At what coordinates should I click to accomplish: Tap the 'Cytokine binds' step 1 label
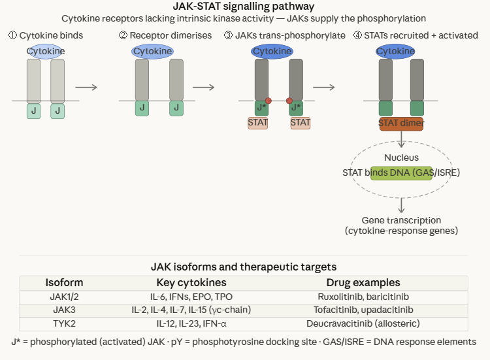(46, 35)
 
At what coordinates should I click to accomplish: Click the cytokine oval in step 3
(272, 51)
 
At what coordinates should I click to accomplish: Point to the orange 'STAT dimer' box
(401, 122)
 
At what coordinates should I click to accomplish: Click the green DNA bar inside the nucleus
(401, 172)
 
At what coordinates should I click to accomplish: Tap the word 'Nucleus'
(401, 157)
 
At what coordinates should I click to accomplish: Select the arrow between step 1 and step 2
(86, 87)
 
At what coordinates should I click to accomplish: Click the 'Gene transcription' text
(401, 220)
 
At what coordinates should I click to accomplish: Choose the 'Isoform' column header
(64, 283)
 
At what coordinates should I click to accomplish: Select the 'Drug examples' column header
(363, 283)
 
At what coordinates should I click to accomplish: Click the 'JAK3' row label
(64, 310)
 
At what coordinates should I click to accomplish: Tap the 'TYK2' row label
(64, 323)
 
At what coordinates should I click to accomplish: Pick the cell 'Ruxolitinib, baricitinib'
(363, 296)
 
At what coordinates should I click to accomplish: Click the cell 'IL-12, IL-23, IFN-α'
(191, 323)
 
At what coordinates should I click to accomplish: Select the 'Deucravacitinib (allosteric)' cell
(363, 323)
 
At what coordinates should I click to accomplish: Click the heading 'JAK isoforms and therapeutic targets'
(244, 267)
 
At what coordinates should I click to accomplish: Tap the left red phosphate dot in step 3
(268, 101)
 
